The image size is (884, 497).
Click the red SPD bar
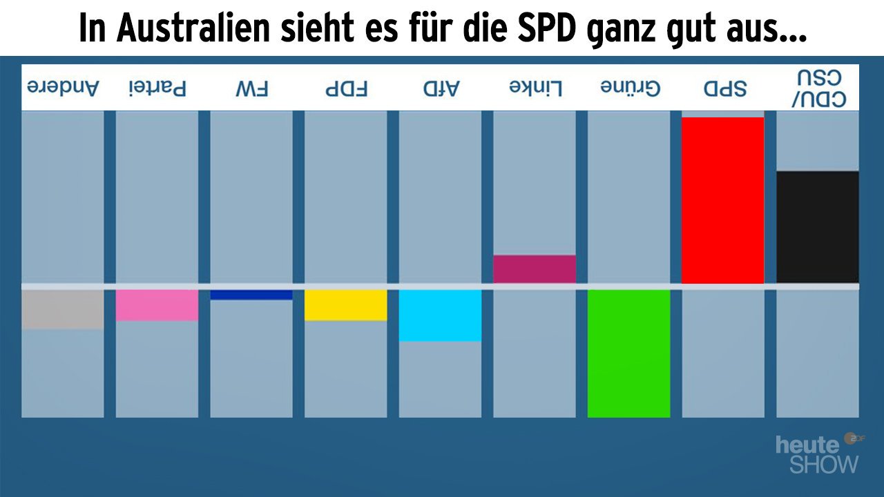tap(722, 200)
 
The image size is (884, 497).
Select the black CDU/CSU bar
tap(817, 227)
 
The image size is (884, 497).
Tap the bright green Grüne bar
tap(628, 353)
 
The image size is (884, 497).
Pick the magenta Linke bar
tap(534, 269)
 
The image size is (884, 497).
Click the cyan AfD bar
tap(440, 315)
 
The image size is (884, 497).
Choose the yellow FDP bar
tap(345, 304)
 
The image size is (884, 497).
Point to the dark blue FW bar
tap(251, 295)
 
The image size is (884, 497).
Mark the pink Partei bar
tap(157, 304)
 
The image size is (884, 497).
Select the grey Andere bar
tap(63, 309)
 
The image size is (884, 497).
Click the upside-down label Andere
tap(63, 88)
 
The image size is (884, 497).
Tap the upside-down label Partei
tap(157, 88)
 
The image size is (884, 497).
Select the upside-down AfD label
tap(440, 88)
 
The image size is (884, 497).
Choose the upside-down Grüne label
tap(629, 88)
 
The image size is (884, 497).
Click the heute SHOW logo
tap(819, 454)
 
